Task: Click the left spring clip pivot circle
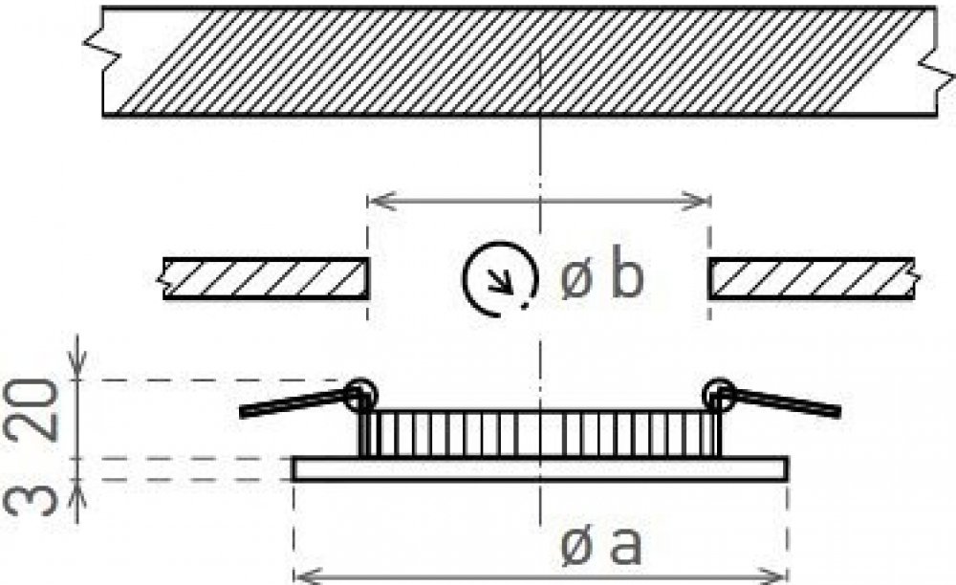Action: [361, 395]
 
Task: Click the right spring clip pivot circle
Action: [719, 394]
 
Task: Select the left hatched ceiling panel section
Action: [266, 278]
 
